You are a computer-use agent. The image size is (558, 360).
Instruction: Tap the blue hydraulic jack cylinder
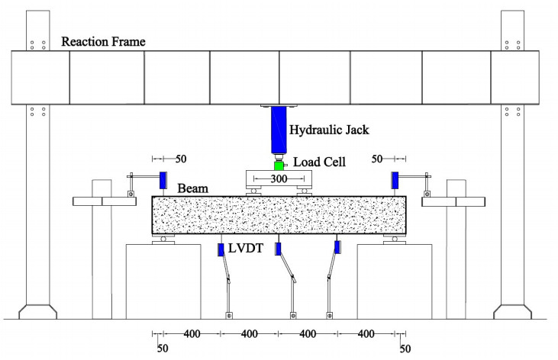pyautogui.click(x=279, y=131)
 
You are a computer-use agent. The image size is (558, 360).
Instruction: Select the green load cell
pyautogui.click(x=279, y=166)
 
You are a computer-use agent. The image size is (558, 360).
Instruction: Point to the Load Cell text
pyautogui.click(x=320, y=162)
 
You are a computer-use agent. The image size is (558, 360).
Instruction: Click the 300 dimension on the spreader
pyautogui.click(x=279, y=178)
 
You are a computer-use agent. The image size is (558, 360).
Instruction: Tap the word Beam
pyautogui.click(x=194, y=188)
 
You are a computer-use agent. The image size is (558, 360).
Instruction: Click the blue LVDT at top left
pyautogui.click(x=163, y=181)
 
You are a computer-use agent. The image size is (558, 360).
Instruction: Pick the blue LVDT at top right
pyautogui.click(x=395, y=181)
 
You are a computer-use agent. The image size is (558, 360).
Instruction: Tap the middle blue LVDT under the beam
pyautogui.click(x=279, y=249)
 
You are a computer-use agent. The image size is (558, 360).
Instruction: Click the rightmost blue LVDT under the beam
pyautogui.click(x=337, y=247)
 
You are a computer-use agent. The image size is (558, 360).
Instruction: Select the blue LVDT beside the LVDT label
pyautogui.click(x=221, y=249)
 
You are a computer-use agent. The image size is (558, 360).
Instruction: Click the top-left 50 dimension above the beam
pyautogui.click(x=180, y=159)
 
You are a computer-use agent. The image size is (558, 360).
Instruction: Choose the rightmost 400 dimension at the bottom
pyautogui.click(x=366, y=334)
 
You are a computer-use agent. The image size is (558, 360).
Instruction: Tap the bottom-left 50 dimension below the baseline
pyautogui.click(x=163, y=349)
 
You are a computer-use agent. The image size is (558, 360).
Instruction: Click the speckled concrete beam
pyautogui.click(x=279, y=215)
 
